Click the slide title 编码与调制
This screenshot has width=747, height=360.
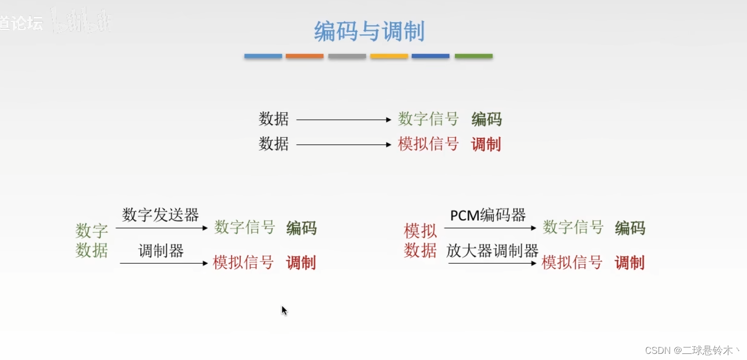(x=369, y=32)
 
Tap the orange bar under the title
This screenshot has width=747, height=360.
(x=304, y=56)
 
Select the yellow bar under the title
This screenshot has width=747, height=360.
(x=389, y=56)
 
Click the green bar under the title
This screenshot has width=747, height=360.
(x=473, y=56)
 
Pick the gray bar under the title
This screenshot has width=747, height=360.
(x=347, y=56)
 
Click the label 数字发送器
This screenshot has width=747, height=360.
(x=160, y=215)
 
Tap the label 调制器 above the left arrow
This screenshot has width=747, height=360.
(x=161, y=251)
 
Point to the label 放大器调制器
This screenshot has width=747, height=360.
(x=492, y=251)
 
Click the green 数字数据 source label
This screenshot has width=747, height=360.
(x=92, y=241)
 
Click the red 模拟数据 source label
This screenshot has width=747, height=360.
(x=420, y=241)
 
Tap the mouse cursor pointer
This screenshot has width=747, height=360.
(x=284, y=310)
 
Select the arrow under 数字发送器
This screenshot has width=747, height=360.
(x=161, y=228)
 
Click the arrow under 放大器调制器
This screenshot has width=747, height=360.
(x=492, y=263)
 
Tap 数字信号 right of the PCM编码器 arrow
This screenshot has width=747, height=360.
(x=573, y=227)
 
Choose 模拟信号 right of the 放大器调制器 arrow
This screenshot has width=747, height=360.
(x=572, y=263)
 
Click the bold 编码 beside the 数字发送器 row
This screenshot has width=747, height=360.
(x=301, y=228)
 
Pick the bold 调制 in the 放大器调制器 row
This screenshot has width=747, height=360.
(x=630, y=263)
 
